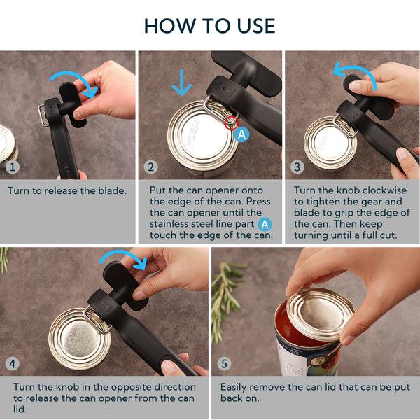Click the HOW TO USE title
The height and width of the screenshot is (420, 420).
[210, 26]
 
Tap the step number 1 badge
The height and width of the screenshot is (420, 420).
[12, 168]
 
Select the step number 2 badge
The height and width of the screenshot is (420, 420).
[151, 167]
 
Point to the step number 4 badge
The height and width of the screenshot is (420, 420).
[12, 364]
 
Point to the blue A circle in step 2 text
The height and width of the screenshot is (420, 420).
[265, 224]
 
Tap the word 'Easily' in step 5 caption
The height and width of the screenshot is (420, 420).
[235, 386]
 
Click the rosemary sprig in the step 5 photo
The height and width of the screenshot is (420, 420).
[227, 294]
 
